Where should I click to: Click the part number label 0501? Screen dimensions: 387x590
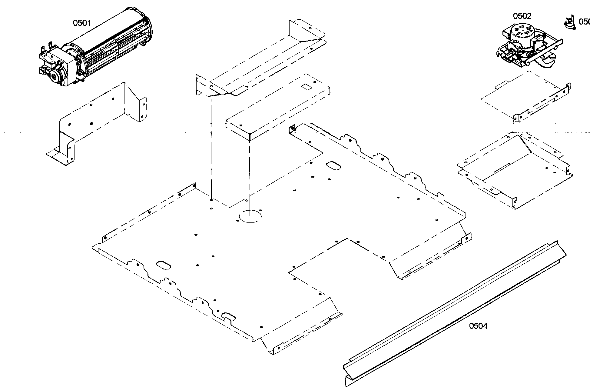point(82,22)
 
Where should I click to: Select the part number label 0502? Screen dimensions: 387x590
point(522,16)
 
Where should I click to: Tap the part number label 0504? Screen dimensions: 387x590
point(478,326)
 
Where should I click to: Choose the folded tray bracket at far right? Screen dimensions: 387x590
point(512,170)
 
